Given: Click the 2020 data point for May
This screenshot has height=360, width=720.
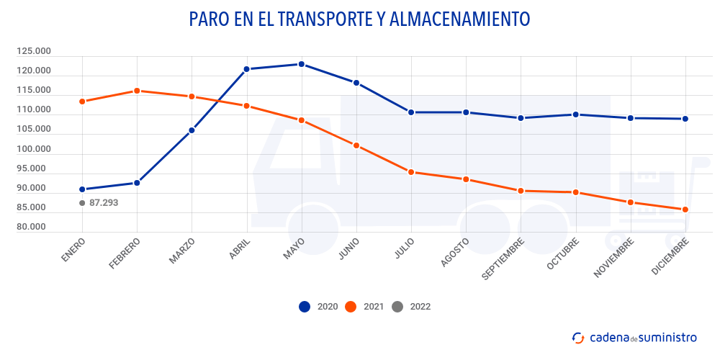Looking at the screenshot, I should point(302,64).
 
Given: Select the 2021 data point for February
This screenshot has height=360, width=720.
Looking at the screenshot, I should point(137,91).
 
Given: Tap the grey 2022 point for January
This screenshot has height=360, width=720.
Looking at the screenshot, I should point(82,203).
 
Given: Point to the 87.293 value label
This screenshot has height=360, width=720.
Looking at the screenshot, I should point(104,203).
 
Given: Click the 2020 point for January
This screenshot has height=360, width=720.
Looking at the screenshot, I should point(82,189).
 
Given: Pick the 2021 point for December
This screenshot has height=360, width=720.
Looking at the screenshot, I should point(685,210).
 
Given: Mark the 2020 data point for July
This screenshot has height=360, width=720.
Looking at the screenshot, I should point(411,112).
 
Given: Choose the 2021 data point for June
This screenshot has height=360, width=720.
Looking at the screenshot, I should point(356,145).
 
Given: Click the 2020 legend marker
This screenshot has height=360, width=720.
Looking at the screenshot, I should point(305,307).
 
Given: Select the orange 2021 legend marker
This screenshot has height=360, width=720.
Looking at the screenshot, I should point(351,307).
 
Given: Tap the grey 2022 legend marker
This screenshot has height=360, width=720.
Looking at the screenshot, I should point(397,307).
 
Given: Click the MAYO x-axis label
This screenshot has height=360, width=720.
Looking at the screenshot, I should point(293,249).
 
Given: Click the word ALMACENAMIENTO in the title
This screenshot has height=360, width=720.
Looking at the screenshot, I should point(459,19).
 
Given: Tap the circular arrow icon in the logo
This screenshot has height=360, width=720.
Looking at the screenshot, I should point(577,337).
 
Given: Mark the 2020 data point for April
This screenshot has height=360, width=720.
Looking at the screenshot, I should point(246,69).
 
